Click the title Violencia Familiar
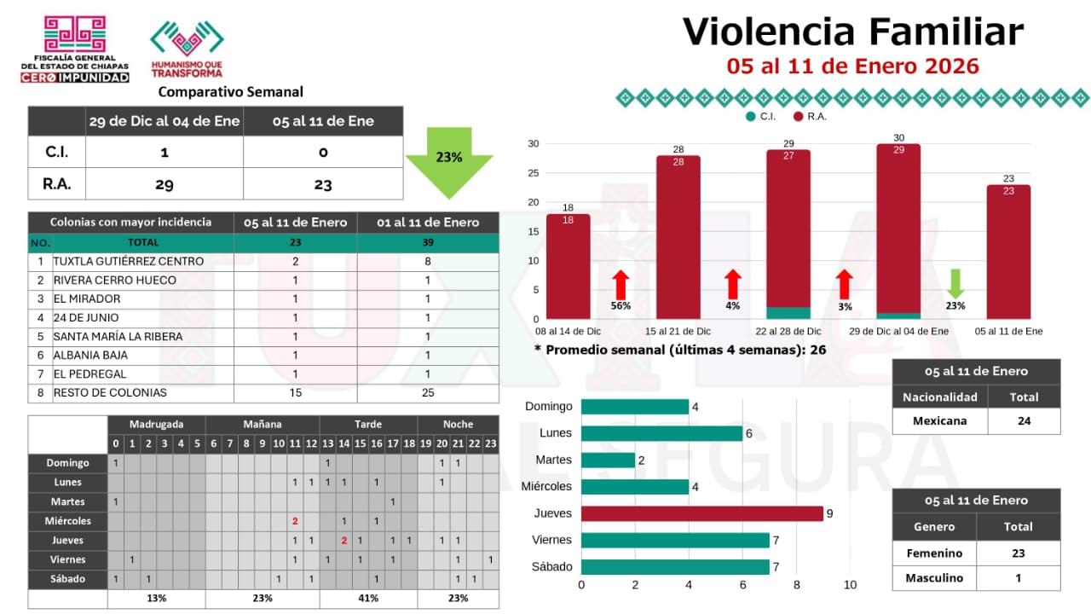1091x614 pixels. point(852,32)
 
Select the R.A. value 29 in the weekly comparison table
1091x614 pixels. point(165,184)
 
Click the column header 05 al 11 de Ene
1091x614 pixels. point(323,121)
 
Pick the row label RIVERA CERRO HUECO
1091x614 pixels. point(114,280)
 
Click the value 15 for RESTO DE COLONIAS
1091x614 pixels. point(295,392)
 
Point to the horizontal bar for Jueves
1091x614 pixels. point(701,513)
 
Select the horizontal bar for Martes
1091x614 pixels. point(608,460)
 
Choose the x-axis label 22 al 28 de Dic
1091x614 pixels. point(788,331)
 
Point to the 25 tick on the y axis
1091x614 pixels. point(532,172)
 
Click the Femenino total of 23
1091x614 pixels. point(1018,553)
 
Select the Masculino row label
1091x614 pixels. point(934,577)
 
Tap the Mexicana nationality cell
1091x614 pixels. point(940,420)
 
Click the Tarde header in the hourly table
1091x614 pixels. point(368,424)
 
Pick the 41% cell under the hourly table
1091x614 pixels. point(368,598)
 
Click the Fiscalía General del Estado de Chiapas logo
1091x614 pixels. point(75,49)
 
